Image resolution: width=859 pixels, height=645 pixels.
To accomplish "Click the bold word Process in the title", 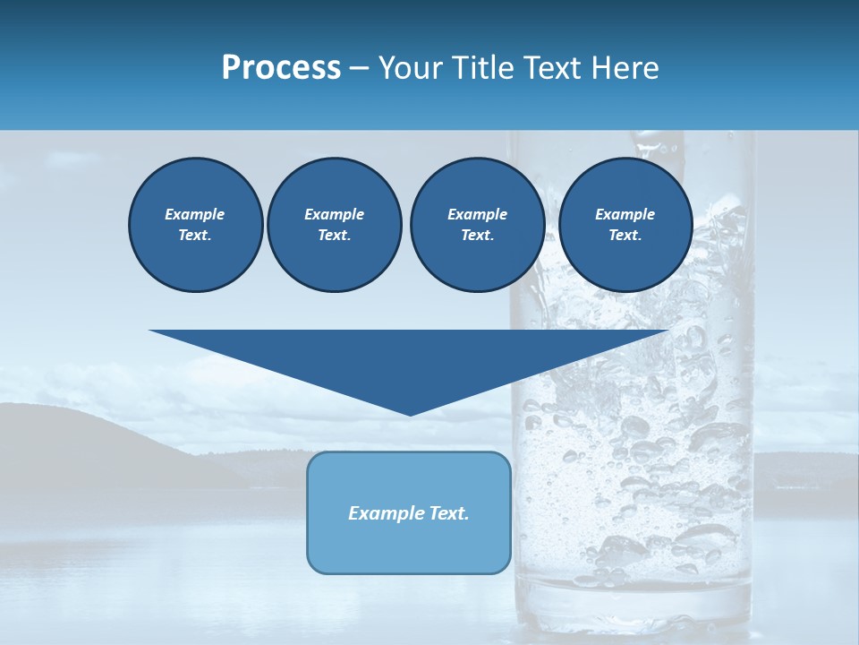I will click(x=281, y=68).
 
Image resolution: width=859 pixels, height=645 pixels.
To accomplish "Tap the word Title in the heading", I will click(x=482, y=68).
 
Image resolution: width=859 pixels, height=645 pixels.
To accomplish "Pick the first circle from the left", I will click(x=195, y=225).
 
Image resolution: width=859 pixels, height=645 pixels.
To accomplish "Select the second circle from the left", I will click(x=334, y=225).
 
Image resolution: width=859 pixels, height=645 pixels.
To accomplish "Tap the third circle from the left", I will click(x=477, y=225).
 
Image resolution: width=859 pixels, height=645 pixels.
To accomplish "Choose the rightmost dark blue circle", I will click(x=625, y=225).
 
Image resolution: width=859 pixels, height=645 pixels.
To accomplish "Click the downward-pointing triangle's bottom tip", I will click(x=410, y=413).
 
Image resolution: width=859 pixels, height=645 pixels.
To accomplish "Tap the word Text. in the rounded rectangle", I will click(x=450, y=513).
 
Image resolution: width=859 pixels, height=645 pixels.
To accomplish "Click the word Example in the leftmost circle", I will click(x=195, y=214).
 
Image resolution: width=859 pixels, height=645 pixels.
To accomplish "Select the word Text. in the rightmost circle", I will click(x=625, y=236).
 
